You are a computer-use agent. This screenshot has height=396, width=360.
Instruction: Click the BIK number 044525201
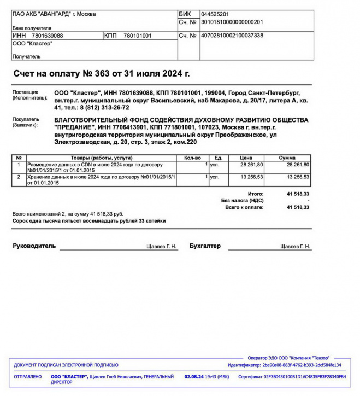point(215,14)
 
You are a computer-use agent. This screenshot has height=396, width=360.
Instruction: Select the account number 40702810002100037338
point(232,36)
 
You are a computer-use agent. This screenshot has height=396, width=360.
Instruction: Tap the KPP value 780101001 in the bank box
point(138,36)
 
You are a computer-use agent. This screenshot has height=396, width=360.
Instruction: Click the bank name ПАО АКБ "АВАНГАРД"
point(54,14)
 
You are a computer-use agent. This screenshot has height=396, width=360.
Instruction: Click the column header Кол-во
point(193,158)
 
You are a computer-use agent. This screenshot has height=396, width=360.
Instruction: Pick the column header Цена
point(245,158)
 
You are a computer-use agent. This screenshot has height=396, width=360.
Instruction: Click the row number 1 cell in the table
point(19,164)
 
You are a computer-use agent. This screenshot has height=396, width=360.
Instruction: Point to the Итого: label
point(255,194)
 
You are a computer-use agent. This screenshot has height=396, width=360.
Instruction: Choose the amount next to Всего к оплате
point(298,207)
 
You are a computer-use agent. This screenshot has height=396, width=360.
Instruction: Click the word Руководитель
point(34,246)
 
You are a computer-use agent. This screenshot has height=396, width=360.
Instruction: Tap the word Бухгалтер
point(205,246)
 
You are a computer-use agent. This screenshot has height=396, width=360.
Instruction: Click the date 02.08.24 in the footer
point(194,377)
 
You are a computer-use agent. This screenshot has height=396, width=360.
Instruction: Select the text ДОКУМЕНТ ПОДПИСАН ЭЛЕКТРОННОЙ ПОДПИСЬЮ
point(66,365)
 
